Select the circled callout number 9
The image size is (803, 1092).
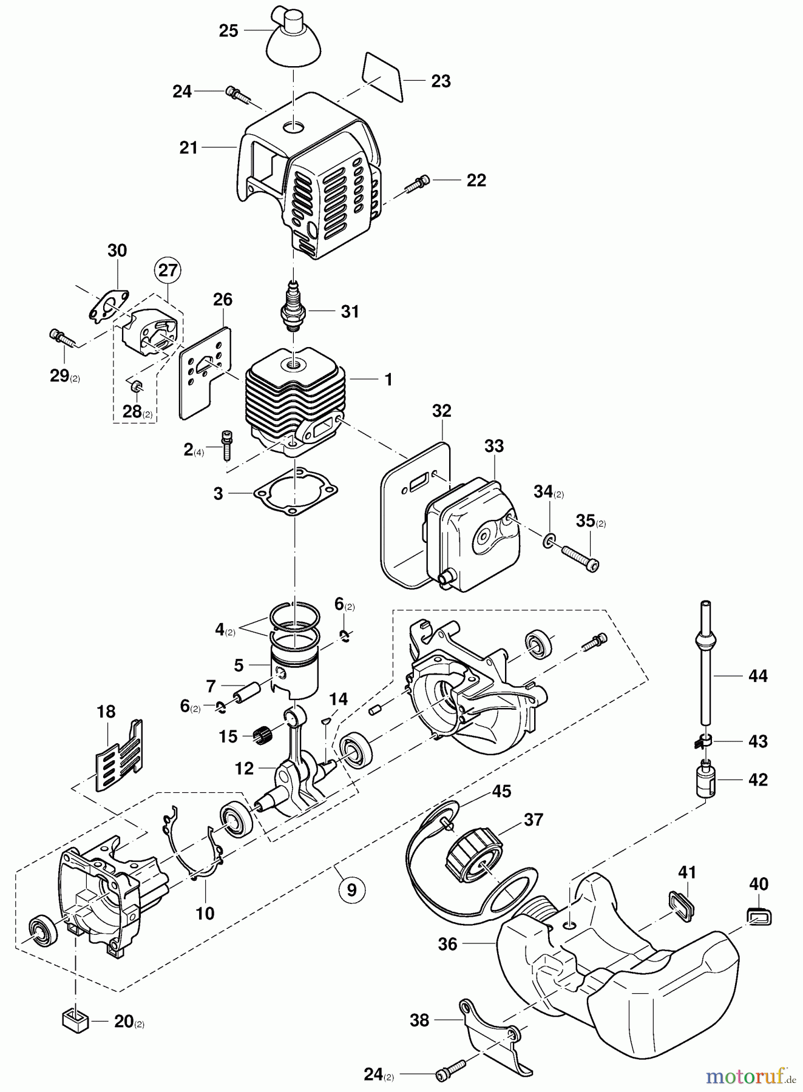(352, 890)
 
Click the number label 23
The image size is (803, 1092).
(441, 81)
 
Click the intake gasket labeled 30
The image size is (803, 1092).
(109, 303)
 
